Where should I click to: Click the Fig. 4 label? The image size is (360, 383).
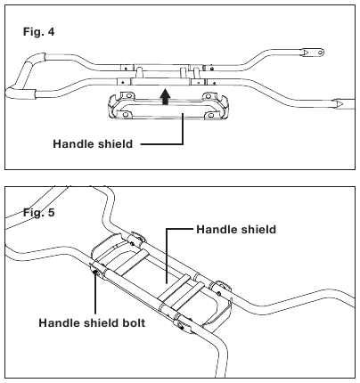39,31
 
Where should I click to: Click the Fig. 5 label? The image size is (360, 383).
39,213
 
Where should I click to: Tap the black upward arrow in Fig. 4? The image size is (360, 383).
165,97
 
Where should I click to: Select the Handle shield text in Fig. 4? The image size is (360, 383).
93,144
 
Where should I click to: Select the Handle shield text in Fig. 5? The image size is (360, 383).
236,230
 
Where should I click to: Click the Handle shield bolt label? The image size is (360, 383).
92,322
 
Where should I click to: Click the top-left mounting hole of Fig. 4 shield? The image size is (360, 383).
128,96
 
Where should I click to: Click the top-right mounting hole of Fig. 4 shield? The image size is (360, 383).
209,96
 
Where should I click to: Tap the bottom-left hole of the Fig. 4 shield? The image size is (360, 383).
126,115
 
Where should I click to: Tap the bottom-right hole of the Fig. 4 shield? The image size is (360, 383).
210,115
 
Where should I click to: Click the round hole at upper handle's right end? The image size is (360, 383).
320,53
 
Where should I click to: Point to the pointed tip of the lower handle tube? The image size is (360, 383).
343,103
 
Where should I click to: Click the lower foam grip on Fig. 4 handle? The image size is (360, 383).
20,93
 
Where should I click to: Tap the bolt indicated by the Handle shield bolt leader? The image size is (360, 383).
95,273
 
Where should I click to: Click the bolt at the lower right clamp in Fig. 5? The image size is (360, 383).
180,326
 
